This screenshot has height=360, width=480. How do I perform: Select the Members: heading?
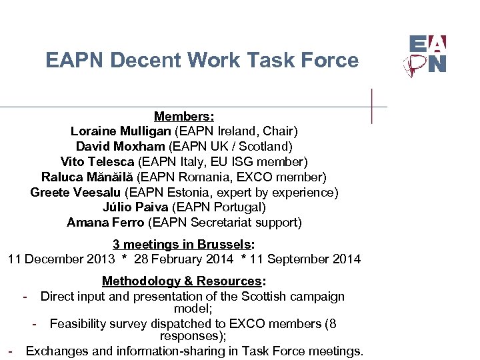coord(184,117)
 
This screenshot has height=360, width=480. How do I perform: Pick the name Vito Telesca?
coord(97,161)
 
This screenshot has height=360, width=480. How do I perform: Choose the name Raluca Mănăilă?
coord(87,177)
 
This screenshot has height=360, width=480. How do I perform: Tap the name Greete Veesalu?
coord(75,192)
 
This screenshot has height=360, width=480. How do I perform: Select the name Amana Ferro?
coord(105,223)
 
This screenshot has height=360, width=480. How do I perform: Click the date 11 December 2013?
coord(65,259)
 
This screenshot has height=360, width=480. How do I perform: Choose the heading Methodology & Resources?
coord(181,281)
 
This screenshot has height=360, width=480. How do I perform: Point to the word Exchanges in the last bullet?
coord(55,351)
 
